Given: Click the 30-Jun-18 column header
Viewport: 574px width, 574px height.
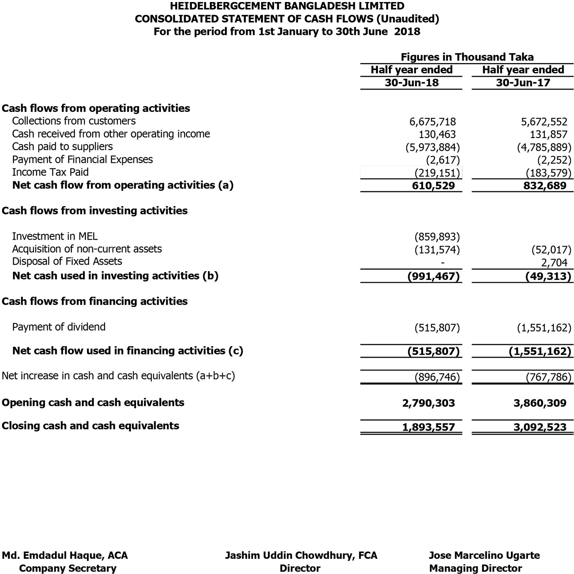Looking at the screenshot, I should tap(411, 83).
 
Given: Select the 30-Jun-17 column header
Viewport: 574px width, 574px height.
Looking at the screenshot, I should tap(523, 83).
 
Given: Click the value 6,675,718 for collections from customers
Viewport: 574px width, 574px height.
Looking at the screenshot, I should tap(433, 122).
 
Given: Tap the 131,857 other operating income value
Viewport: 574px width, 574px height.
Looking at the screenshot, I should tap(549, 134).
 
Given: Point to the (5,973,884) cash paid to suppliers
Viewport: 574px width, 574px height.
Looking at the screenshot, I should tap(433, 147).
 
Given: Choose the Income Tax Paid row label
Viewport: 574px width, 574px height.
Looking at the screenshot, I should tap(50, 172).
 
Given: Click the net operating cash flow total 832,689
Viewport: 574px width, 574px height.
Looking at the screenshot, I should tap(545, 186).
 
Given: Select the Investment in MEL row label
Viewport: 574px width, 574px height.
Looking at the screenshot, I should tap(55, 236).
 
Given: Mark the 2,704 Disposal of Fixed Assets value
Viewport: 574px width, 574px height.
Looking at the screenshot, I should tap(554, 263).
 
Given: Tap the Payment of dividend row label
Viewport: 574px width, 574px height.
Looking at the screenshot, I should tap(59, 327).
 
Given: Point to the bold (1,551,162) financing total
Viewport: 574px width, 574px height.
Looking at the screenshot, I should tap(540, 351).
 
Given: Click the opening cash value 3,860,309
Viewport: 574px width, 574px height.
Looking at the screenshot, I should tap(540, 403).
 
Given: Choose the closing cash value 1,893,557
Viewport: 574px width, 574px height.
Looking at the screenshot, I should tap(428, 427).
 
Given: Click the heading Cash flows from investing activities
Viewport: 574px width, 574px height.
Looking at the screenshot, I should tap(95, 211).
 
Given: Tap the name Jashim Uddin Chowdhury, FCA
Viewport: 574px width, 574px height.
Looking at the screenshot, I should tap(301, 556).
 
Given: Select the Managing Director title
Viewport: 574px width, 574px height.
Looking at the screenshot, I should tap(476, 569).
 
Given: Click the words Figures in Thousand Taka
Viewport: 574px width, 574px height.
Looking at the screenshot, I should tap(467, 57).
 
